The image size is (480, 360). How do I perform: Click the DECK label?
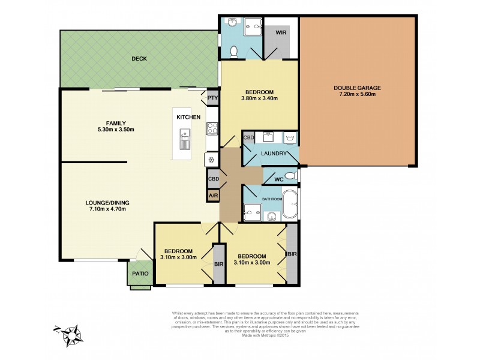[139, 59]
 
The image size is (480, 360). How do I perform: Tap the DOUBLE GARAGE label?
[358, 88]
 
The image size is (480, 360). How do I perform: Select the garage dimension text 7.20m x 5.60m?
[358, 95]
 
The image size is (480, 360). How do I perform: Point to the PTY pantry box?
[212, 98]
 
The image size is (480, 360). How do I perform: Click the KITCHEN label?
[188, 117]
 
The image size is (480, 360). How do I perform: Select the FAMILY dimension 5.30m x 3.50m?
[116, 130]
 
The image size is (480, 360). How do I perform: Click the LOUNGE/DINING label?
[107, 203]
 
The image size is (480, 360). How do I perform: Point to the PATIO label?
[141, 274]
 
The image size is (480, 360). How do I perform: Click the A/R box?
[213, 196]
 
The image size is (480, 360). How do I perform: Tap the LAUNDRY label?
[274, 154]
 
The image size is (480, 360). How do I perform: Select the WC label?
[278, 179]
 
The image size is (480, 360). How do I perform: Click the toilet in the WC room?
[290, 176]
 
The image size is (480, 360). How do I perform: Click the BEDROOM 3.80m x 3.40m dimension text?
[259, 99]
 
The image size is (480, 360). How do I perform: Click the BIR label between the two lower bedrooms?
[218, 264]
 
